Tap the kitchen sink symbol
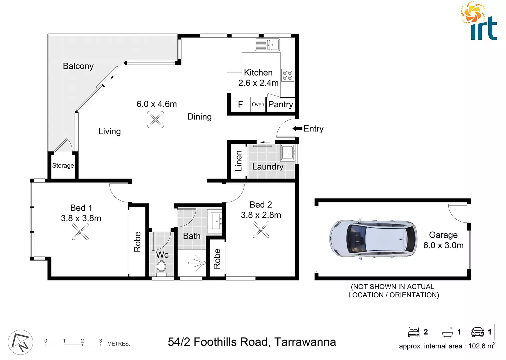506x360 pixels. [267, 45]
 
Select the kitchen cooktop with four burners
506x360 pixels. [288, 75]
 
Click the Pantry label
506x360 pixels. [280, 104]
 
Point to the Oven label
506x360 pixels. [258, 105]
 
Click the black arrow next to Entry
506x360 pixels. [297, 129]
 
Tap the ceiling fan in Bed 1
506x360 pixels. [80, 232]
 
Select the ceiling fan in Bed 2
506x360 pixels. [261, 230]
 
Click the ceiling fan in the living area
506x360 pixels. [155, 119]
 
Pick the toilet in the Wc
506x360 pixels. [161, 267]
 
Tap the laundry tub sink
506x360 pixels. [287, 153]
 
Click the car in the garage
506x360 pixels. [373, 239]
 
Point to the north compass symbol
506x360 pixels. [20, 342]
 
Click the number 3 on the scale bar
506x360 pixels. [100, 341]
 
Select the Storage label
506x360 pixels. [63, 166]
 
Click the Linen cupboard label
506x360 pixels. [239, 161]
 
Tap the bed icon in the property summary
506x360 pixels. [414, 332]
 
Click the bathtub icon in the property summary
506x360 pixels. [447, 332]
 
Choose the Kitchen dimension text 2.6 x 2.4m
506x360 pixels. [258, 83]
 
